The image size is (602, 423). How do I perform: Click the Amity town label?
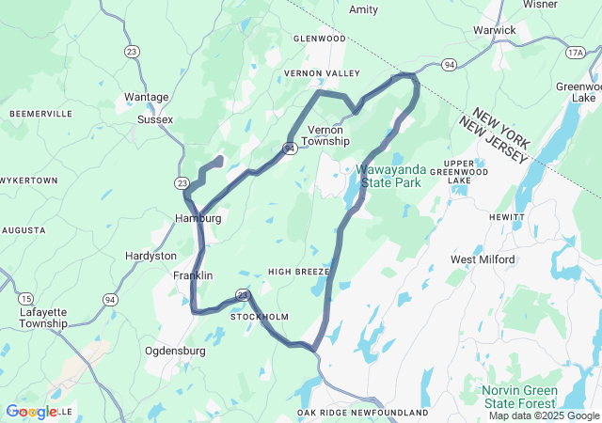coord(363,10)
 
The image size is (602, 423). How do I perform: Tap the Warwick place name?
coord(494,30)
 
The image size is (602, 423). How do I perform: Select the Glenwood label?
coord(320,39)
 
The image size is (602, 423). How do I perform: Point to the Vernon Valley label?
coord(323,73)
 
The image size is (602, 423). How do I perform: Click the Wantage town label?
coord(147,97)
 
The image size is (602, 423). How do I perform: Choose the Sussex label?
coord(155,119)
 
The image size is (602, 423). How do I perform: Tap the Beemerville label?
coord(40,114)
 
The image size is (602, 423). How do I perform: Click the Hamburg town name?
coord(198,218)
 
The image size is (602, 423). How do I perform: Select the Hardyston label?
coord(150,256)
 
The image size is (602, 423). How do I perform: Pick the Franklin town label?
coord(193,275)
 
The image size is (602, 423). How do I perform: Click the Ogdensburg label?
coord(175,351)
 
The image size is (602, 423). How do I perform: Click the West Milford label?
coord(483,259)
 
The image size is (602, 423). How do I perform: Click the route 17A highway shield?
coord(576,53)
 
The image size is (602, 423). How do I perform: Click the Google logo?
coord(30,411)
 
